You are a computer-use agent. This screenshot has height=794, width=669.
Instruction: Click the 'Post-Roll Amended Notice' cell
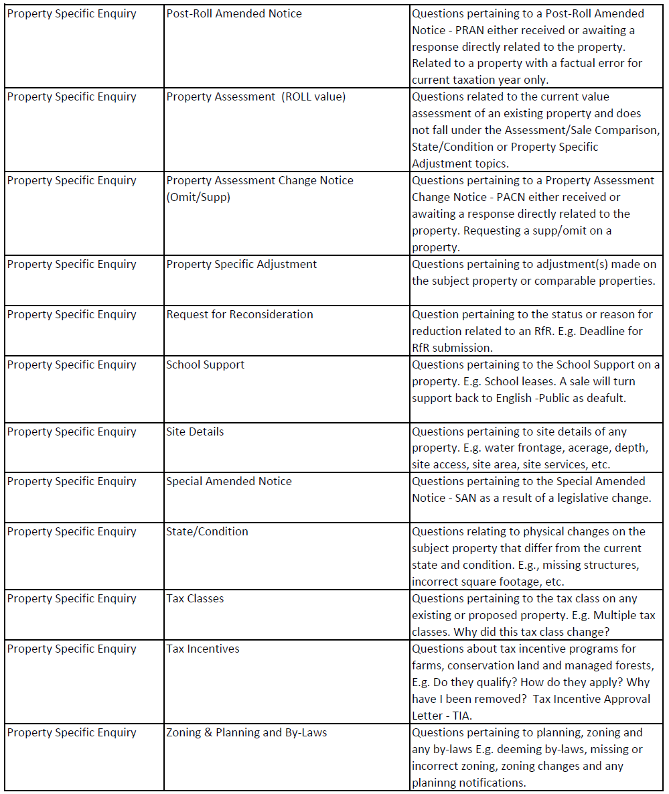(x=234, y=14)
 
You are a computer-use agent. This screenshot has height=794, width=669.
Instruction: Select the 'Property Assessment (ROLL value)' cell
(x=256, y=97)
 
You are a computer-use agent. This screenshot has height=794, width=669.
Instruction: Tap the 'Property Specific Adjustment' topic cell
(x=241, y=265)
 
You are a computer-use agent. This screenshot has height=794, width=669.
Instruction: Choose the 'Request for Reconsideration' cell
(x=239, y=315)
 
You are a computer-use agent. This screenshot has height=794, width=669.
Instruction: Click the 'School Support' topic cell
(x=205, y=365)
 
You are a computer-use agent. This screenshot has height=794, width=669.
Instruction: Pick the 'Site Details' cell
(x=195, y=432)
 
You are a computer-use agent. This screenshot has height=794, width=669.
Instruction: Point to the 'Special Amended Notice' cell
(x=228, y=482)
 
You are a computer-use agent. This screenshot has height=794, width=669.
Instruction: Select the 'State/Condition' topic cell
(x=207, y=532)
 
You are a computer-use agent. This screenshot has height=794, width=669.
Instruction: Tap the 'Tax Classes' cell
(x=195, y=599)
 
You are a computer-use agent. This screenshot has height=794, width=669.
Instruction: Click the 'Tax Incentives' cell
(x=202, y=649)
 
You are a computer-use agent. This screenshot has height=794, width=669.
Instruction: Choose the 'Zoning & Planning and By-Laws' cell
(x=246, y=733)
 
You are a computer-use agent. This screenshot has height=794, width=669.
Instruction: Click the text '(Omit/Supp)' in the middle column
(x=198, y=198)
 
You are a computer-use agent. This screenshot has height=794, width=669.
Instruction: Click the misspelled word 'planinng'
(x=433, y=783)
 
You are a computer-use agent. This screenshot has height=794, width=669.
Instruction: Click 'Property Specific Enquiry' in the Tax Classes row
(x=72, y=599)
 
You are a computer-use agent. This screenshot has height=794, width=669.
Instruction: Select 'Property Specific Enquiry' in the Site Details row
(x=72, y=432)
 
